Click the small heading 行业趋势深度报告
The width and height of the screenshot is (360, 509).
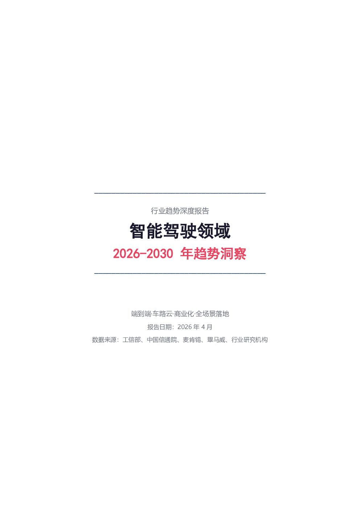(x=180, y=211)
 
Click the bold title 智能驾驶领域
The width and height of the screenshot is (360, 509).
(x=180, y=231)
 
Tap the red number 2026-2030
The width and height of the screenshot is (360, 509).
(x=143, y=254)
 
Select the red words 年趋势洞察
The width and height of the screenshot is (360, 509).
(x=213, y=254)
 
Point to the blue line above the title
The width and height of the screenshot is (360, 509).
(x=180, y=193)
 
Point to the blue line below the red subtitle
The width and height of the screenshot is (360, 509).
(x=180, y=273)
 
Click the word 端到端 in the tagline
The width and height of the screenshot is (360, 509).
(x=141, y=314)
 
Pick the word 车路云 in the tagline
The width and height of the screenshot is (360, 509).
(x=162, y=314)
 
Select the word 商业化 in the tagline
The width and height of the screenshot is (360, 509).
(x=184, y=314)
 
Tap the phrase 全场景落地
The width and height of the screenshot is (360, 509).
(x=212, y=314)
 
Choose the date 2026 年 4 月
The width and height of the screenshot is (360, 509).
(x=195, y=327)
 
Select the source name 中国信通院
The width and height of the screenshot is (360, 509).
(x=162, y=340)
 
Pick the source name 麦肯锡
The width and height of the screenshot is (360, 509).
(x=192, y=340)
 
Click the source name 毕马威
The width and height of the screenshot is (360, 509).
(x=216, y=340)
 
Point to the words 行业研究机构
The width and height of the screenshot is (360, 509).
(x=250, y=340)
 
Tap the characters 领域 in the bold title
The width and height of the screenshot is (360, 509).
(x=214, y=231)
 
